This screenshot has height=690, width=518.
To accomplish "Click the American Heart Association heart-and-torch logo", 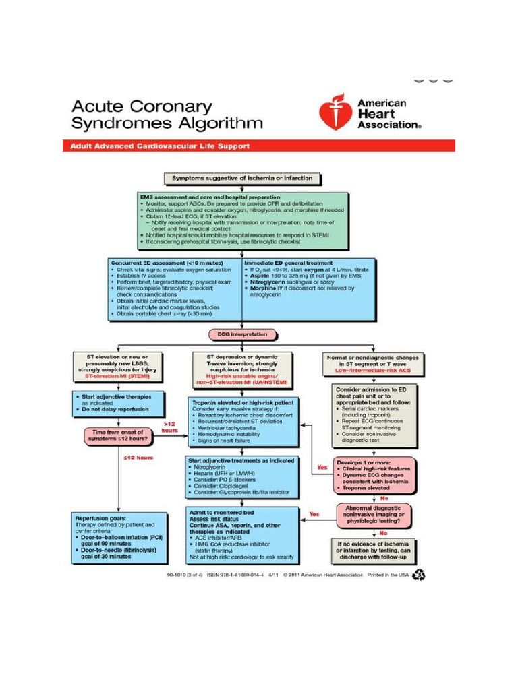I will pyautogui.click(x=335, y=113).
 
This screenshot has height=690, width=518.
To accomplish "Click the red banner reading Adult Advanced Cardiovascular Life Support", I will pyautogui.click(x=258, y=146).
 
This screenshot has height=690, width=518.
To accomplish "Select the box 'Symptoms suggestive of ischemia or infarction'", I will pyautogui.click(x=242, y=179).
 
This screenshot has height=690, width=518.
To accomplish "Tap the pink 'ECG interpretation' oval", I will pyautogui.click(x=242, y=334).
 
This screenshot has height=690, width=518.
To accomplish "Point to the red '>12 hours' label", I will pyautogui.click(x=169, y=427).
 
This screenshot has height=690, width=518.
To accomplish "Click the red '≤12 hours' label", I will pyautogui.click(x=139, y=458).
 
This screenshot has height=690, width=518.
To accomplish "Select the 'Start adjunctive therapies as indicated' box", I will pyautogui.click(x=118, y=402).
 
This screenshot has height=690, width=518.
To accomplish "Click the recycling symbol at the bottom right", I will pyautogui.click(x=419, y=575).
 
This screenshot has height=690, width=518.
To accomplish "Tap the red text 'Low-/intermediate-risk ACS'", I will pyautogui.click(x=372, y=370).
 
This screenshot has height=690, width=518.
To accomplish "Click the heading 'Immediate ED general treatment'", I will pyautogui.click(x=283, y=263).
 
